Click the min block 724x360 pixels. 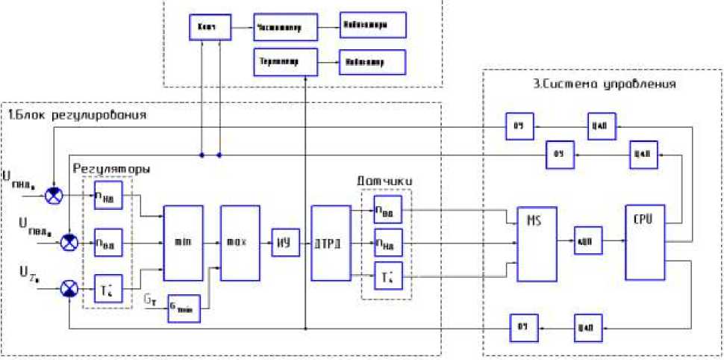[183, 243]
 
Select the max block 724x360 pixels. [239, 243]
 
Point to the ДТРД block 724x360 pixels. [329, 243]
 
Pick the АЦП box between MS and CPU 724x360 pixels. [586, 241]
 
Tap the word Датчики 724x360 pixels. [385, 181]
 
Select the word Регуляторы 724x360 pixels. [111, 170]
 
